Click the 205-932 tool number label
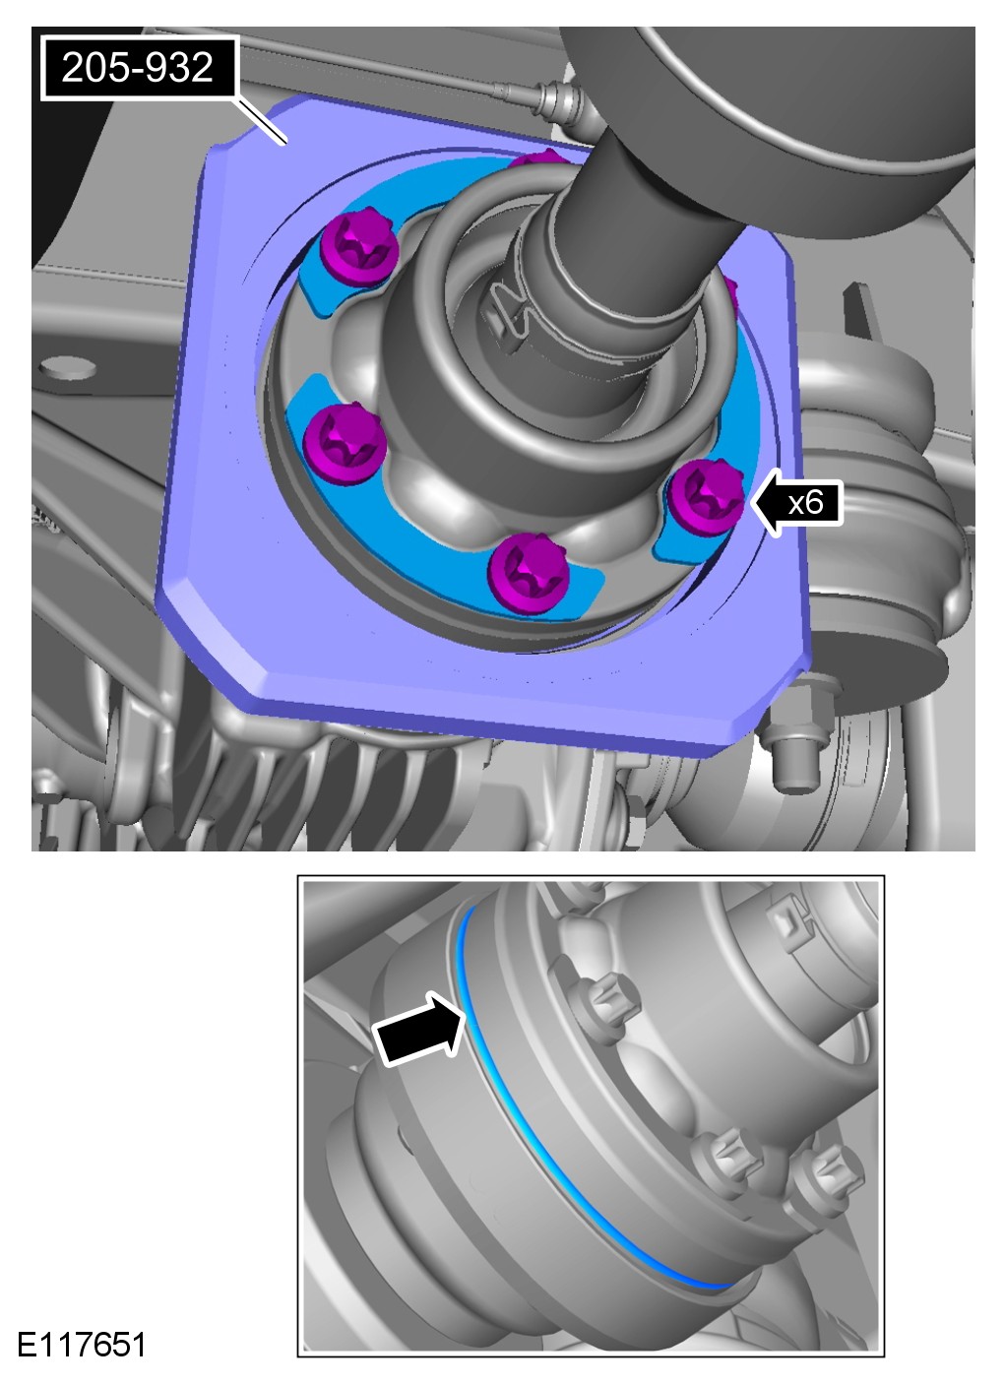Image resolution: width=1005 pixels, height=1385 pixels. (138, 67)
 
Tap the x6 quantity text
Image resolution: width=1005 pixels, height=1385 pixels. (806, 501)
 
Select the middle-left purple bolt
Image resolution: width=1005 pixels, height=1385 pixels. (345, 443)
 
